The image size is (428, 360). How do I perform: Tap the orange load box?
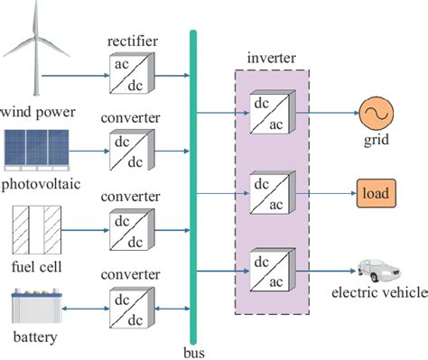pyautogui.click(x=374, y=193)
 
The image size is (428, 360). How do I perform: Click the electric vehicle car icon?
pyautogui.click(x=377, y=269)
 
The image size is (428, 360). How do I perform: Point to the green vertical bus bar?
pyautogui.click(x=192, y=180)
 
